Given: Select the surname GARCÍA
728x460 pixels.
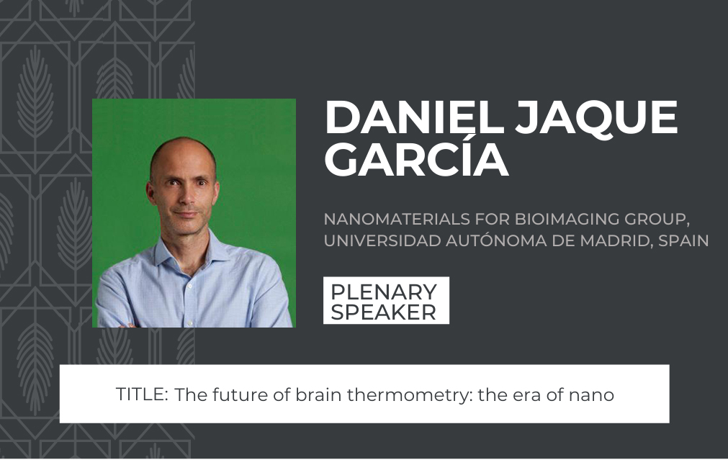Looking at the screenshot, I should (416, 161).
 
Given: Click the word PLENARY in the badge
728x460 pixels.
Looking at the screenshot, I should (384, 292).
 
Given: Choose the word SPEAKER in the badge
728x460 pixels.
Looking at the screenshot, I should (384, 312).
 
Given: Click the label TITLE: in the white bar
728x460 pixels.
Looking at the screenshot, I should (142, 394).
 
